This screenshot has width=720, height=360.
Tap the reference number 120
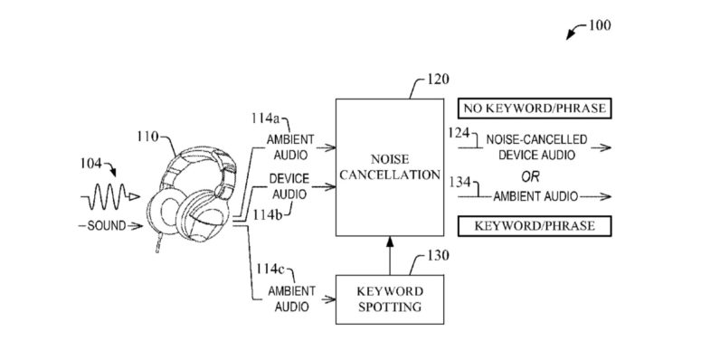click(438, 80)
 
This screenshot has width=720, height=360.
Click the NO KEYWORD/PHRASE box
click(533, 109)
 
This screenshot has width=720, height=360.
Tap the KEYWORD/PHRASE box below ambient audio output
click(533, 225)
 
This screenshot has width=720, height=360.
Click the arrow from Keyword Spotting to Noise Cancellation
click(389, 253)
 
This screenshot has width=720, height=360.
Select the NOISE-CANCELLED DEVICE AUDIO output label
click(535, 148)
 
